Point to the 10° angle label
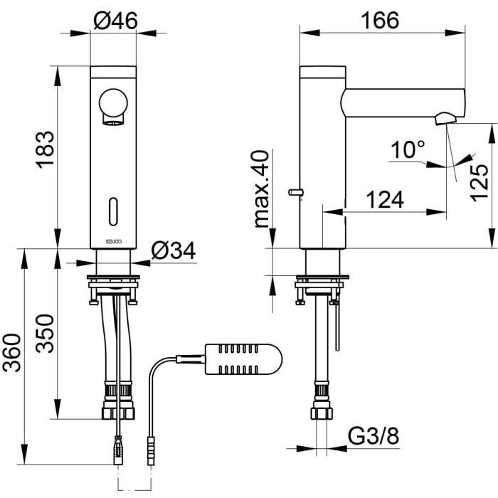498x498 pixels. (x=408, y=150)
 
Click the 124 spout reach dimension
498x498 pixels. (x=384, y=200)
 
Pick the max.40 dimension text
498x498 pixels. (x=262, y=189)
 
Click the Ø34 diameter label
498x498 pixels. (x=174, y=250)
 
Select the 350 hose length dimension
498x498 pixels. (x=44, y=333)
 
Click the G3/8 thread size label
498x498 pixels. (x=373, y=436)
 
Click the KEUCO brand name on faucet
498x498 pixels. (x=113, y=242)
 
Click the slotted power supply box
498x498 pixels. (x=243, y=360)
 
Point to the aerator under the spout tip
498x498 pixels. (x=445, y=118)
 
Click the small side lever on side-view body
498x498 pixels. (x=295, y=192)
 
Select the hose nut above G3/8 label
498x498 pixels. (x=321, y=413)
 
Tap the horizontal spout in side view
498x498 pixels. (x=402, y=102)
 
